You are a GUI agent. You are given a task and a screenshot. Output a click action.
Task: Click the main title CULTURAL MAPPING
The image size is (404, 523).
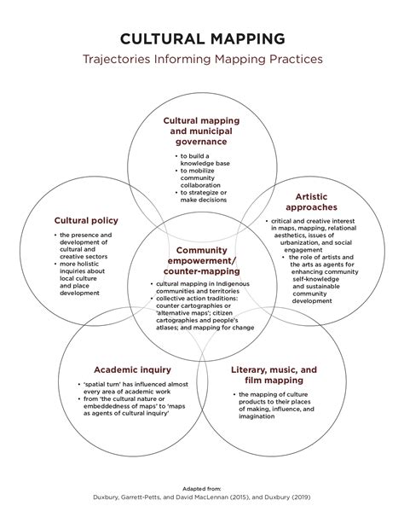click(202, 38)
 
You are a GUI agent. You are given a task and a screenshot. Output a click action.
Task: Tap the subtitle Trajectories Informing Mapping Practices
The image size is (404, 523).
click(202, 59)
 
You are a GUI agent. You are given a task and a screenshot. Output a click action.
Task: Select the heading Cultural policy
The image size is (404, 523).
click(86, 220)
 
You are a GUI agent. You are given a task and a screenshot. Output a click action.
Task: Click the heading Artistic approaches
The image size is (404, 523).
click(311, 202)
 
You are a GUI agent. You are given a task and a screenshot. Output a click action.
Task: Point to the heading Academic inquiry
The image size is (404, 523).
click(132, 369)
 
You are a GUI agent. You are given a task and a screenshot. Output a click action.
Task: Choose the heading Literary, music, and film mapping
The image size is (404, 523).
click(274, 375)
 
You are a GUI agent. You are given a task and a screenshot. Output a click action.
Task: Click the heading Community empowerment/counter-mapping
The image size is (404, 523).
click(202, 260)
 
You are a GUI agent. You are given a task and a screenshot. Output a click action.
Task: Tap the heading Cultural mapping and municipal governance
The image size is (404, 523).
click(201, 131)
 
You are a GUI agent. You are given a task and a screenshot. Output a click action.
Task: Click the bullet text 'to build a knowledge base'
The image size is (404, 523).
click(205, 160)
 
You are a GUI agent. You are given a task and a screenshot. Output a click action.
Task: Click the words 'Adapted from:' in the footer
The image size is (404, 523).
click(202, 489)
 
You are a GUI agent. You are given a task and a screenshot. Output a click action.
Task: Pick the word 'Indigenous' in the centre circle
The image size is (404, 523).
click(233, 284)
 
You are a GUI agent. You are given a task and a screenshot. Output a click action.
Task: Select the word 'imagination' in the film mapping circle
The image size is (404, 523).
click(257, 416)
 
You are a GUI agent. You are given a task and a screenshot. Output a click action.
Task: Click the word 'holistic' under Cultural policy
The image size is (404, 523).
click(88, 264)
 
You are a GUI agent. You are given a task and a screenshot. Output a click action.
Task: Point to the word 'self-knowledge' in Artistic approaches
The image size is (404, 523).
click(315, 279)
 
